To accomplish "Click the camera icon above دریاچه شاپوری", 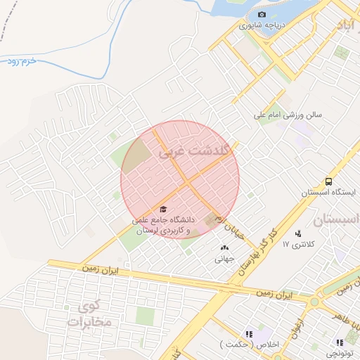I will tap(262, 15).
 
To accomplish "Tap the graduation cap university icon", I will tap(163, 210).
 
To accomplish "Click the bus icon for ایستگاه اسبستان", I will tap(329, 181).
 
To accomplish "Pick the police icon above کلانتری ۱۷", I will tap(298, 233).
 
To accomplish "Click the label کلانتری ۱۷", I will tap(295, 244).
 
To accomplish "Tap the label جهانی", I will tap(224, 258).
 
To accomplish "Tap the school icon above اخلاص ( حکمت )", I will tap(248, 334).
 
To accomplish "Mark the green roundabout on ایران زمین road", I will tap(314, 302).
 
